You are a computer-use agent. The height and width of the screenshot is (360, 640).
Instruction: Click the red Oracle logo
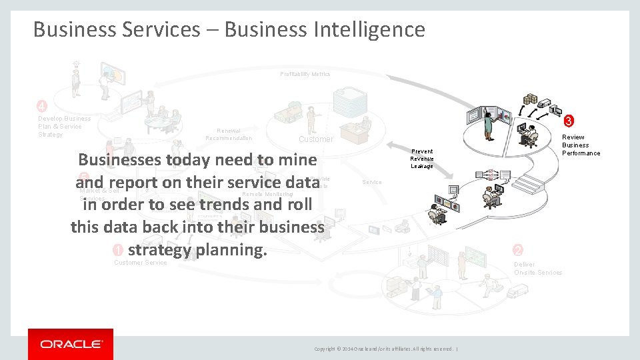(71, 344)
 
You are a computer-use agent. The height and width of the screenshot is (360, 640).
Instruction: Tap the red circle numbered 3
(568, 121)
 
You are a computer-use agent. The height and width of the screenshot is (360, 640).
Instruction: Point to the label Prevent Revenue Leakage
(421, 159)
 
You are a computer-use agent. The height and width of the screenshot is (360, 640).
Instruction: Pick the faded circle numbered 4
(41, 107)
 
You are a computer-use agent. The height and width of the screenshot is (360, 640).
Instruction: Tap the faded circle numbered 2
(518, 250)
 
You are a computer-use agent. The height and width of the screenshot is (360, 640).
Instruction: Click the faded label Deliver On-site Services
(537, 268)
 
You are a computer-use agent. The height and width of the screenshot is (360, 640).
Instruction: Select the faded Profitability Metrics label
(305, 74)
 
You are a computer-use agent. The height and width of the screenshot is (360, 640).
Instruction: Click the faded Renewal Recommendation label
(229, 135)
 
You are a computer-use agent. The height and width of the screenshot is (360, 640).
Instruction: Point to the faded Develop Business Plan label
(61, 127)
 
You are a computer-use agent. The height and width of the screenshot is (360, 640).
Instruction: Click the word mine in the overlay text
(296, 160)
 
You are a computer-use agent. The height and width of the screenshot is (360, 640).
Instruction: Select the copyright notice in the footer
(385, 349)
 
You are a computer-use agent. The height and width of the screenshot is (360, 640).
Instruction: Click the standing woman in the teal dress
(489, 124)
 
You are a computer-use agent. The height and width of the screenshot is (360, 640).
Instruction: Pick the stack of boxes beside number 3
(531, 99)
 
